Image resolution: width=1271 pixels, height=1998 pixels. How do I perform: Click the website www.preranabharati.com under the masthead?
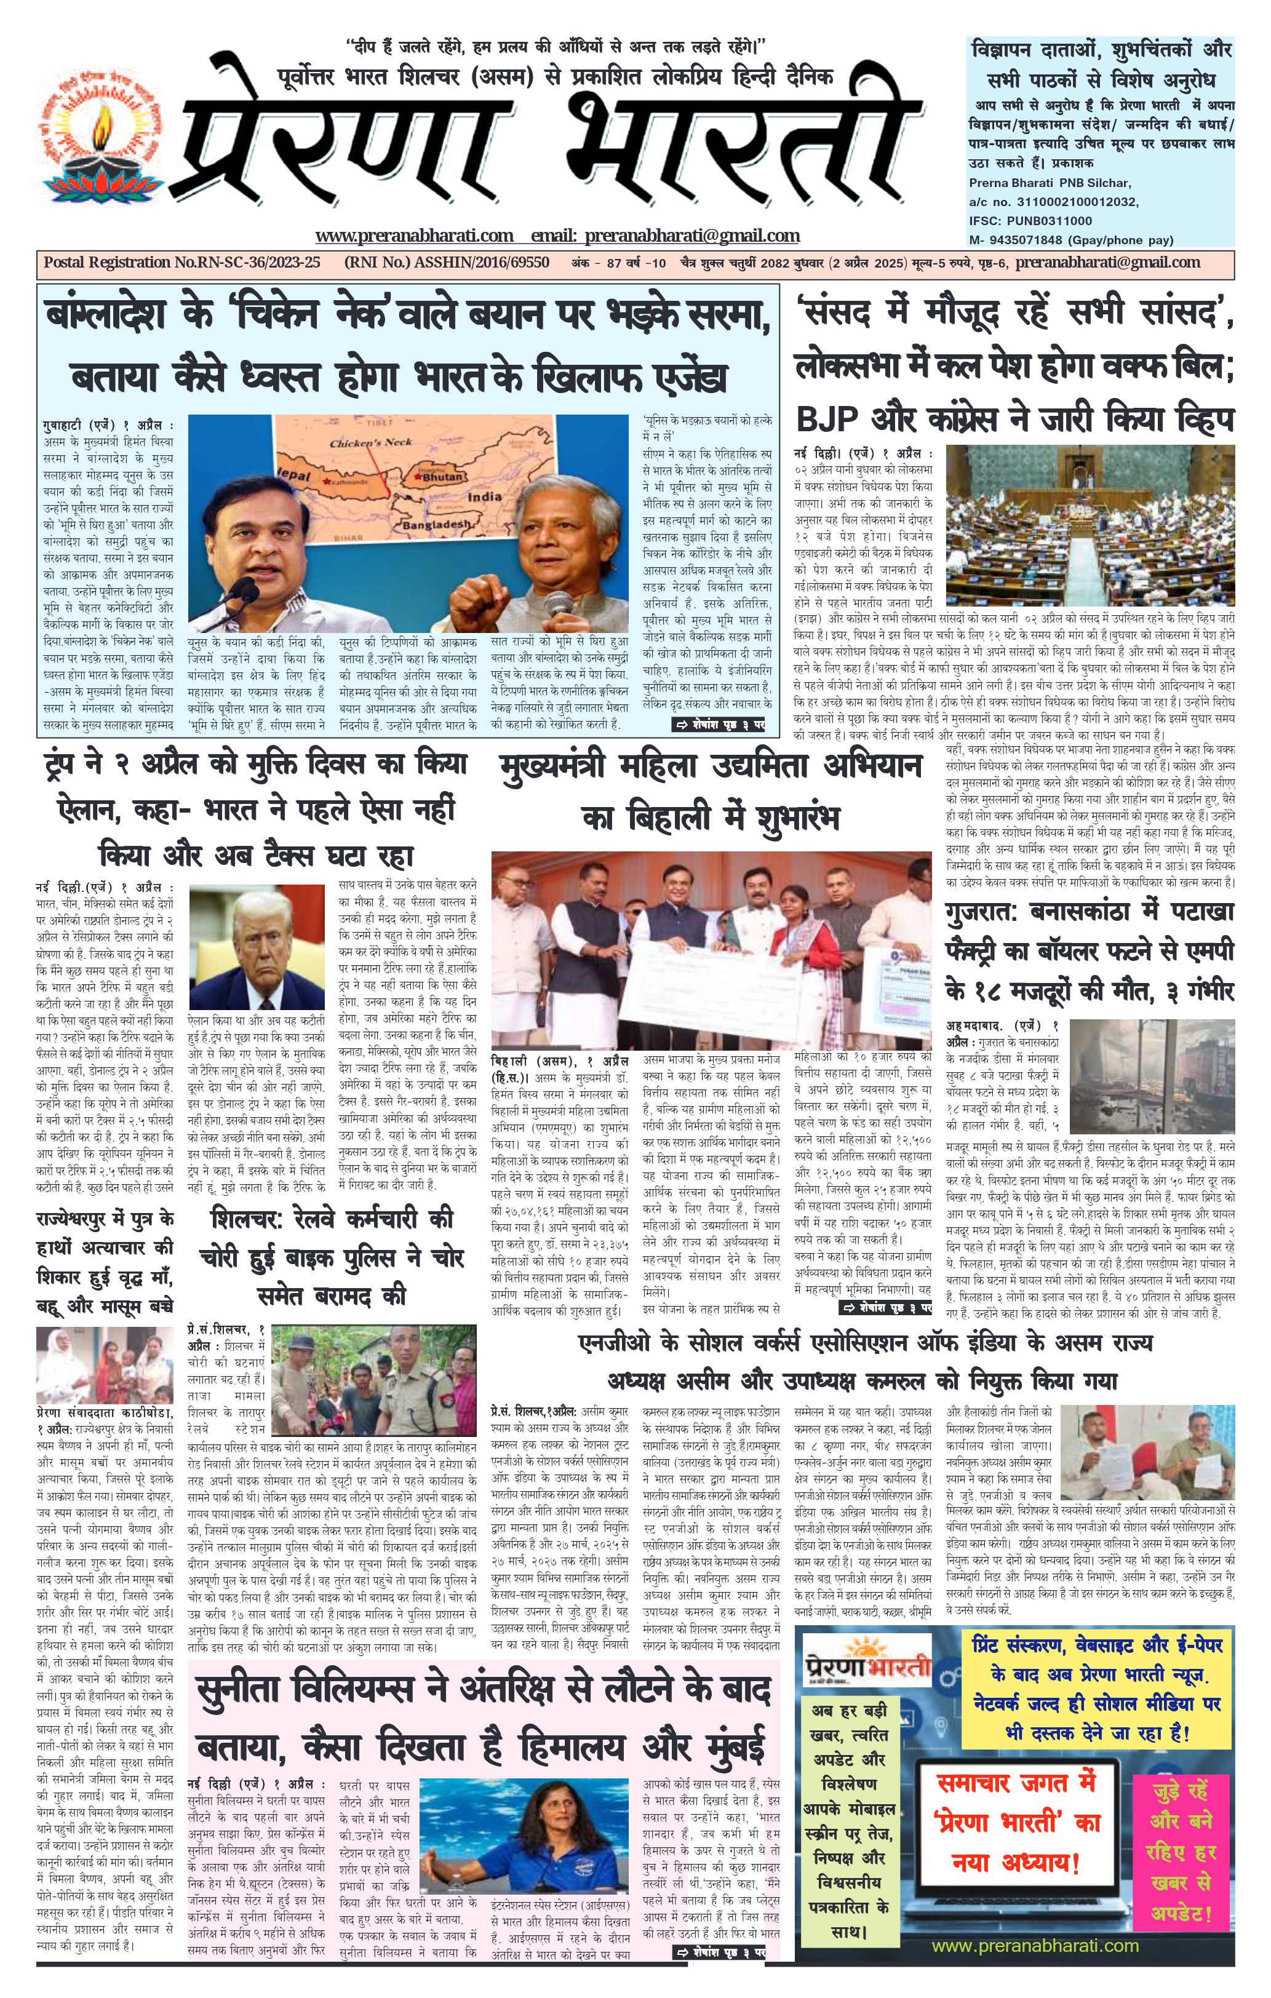414,236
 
